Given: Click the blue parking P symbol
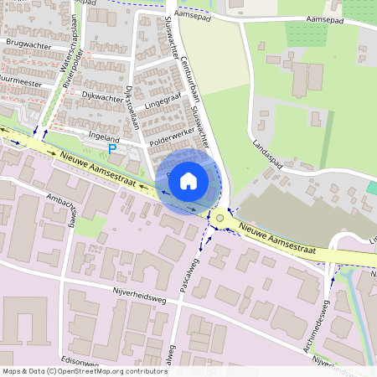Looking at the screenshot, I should coord(113,148).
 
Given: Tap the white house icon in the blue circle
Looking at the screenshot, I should coord(188,180).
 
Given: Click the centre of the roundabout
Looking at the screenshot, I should coord(220,218).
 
